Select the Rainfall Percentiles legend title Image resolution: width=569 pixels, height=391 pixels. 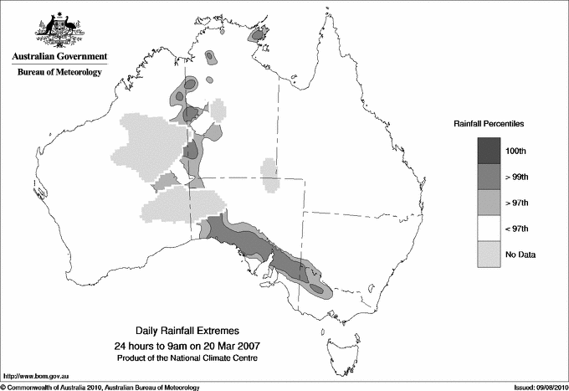point(489,124)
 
